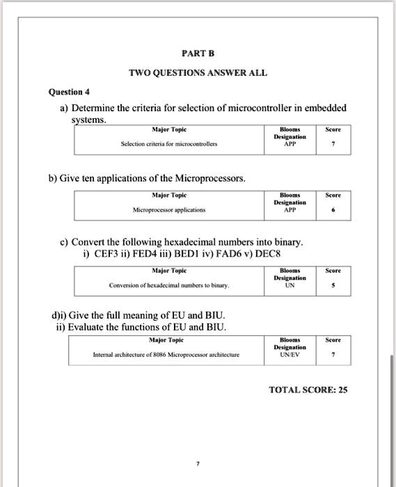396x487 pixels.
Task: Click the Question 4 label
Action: pyautogui.click(x=68, y=92)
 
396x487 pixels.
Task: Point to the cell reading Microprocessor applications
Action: pyautogui.click(x=169, y=209)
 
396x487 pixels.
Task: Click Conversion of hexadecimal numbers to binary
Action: pyautogui.click(x=169, y=285)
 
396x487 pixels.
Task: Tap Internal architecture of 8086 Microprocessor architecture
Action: pyautogui.click(x=166, y=354)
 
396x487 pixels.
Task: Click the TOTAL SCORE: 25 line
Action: pyautogui.click(x=308, y=390)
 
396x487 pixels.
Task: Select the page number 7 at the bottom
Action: pyautogui.click(x=198, y=463)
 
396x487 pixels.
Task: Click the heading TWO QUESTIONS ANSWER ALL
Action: pyautogui.click(x=198, y=73)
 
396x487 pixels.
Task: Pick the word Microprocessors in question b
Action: pyautogui.click(x=209, y=178)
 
